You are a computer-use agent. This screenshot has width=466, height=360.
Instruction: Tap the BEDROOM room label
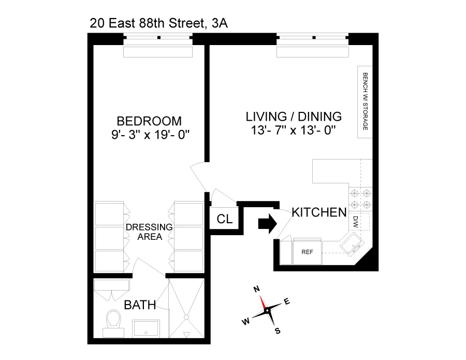click(149, 121)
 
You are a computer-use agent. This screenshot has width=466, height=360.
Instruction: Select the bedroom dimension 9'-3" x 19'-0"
click(149, 136)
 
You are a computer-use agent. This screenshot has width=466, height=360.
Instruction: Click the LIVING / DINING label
click(294, 116)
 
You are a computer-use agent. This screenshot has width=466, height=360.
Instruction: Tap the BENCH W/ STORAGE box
click(365, 101)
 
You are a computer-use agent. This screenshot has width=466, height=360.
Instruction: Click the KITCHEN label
click(318, 212)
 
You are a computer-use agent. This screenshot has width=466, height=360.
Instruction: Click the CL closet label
click(224, 220)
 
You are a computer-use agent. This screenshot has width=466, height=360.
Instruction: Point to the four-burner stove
click(360, 199)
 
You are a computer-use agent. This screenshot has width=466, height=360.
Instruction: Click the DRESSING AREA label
click(149, 232)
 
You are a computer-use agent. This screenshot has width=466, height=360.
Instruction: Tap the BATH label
click(140, 306)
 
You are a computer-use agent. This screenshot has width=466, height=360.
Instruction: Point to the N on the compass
click(256, 290)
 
